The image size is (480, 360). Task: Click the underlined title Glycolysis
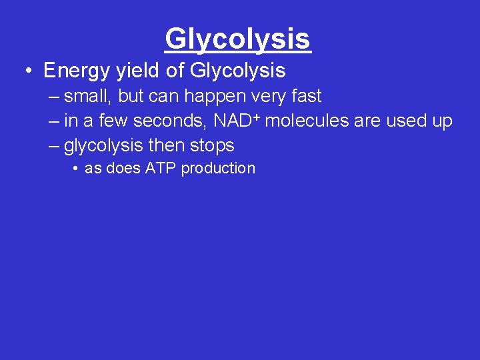238,39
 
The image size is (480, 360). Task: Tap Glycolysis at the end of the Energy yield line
238,70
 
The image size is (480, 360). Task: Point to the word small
89,96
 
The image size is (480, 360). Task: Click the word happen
213,96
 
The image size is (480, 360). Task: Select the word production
218,168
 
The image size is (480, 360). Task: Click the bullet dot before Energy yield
31,71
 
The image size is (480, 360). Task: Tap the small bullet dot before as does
77,169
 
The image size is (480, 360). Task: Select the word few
114,121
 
